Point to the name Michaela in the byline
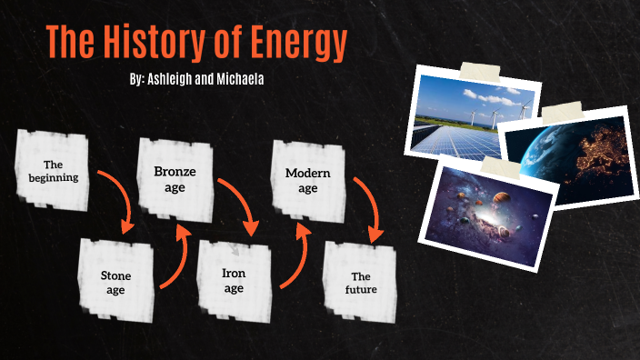(x=240, y=79)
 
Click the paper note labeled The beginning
(x=54, y=170)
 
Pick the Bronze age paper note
(x=175, y=179)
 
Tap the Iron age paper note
(x=234, y=279)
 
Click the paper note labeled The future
(x=362, y=281)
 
